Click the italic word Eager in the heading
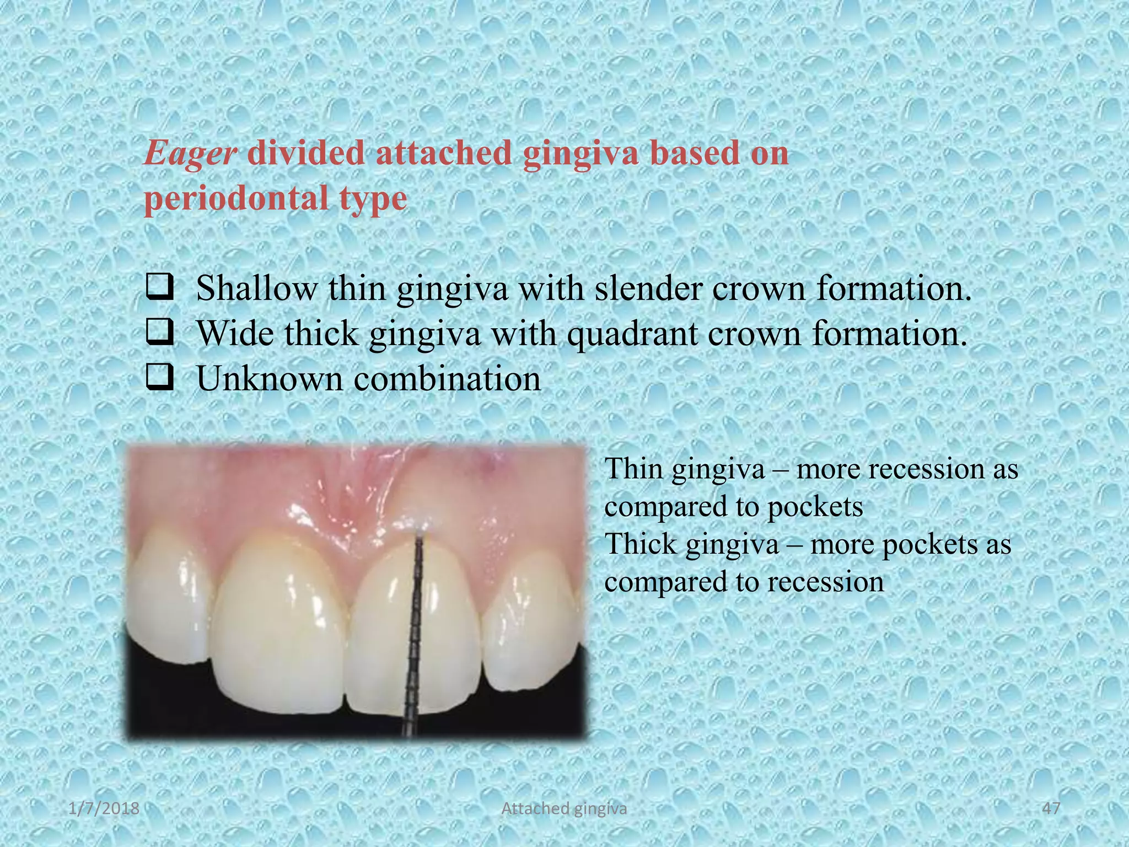190,154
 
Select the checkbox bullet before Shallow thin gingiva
160,288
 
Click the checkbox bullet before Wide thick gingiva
160,334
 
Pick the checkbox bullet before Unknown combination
160,379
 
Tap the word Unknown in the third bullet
270,379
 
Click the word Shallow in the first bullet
257,288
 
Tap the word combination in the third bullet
447,379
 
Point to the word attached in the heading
444,154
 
